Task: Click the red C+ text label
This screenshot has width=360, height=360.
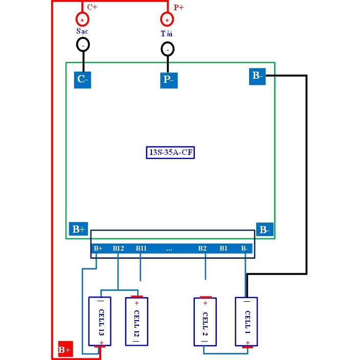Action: pyautogui.click(x=93, y=7)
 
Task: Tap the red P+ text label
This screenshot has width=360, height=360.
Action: pyautogui.click(x=179, y=8)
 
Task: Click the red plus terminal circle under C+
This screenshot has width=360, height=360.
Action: pyautogui.click(x=82, y=19)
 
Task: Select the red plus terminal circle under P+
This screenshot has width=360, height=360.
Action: pyautogui.click(x=167, y=20)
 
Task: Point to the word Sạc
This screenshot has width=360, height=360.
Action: pyautogui.click(x=82, y=32)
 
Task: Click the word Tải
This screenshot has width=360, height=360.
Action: pyautogui.click(x=167, y=33)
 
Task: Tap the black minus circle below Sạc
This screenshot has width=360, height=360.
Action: pyautogui.click(x=82, y=45)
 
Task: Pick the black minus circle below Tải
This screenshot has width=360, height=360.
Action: pyautogui.click(x=167, y=49)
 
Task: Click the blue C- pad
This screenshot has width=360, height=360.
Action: pyautogui.click(x=82, y=79)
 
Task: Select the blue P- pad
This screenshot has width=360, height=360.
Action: pyautogui.click(x=169, y=80)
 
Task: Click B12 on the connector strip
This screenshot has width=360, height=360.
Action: pyautogui.click(x=119, y=249)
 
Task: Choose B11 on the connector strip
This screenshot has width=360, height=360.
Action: pyautogui.click(x=141, y=249)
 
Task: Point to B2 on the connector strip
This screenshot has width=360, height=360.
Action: pyautogui.click(x=202, y=249)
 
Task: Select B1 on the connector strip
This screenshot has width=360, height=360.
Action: pyautogui.click(x=223, y=249)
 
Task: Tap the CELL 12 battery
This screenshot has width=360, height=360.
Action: pyautogui.click(x=137, y=321)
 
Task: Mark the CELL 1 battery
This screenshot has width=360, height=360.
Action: pyautogui.click(x=246, y=322)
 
